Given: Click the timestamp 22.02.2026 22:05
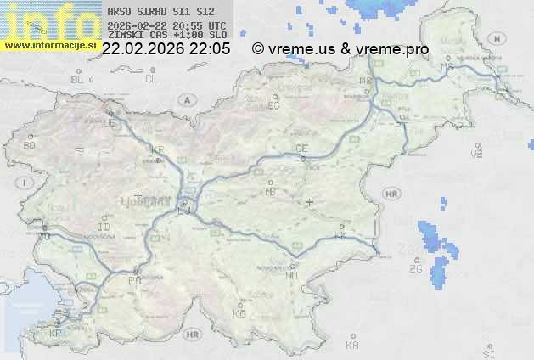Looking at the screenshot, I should click(x=166, y=49).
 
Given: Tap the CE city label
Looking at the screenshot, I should click(x=301, y=149).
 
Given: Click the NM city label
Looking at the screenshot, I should click(x=293, y=276).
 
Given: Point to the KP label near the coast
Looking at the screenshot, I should click(x=56, y=334).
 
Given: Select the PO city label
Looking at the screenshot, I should click(x=133, y=279).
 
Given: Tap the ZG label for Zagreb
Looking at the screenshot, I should click(x=415, y=269).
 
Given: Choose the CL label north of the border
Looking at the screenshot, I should click(x=151, y=79).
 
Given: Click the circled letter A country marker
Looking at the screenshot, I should click(x=186, y=99).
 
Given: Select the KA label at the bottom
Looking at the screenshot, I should click(x=352, y=346).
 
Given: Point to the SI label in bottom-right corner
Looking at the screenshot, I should click(x=487, y=351).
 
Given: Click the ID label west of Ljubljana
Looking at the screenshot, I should click(x=104, y=228).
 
